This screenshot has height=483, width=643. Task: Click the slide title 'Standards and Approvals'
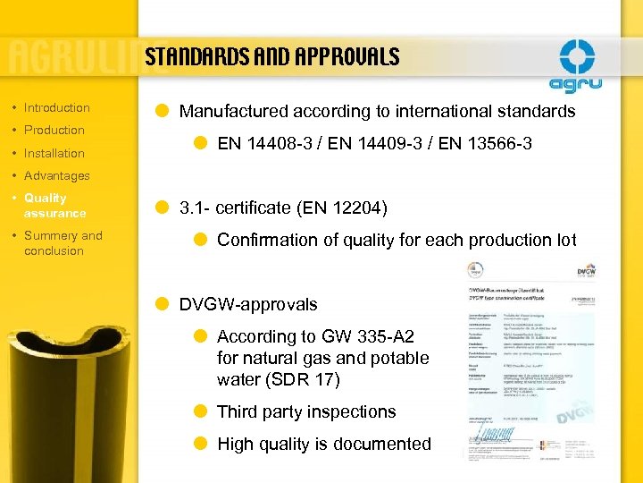coord(271,58)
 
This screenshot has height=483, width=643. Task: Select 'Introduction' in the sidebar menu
coord(56,107)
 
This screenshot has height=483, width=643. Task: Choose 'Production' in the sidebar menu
coord(54,130)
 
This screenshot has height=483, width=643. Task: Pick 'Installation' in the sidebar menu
coord(54,153)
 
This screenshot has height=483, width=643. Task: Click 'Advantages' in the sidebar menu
coord(56,175)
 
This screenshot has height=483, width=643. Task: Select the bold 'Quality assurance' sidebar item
coord(54,205)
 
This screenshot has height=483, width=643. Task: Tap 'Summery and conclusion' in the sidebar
coord(63,242)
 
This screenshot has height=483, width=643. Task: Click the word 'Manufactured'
coord(234,112)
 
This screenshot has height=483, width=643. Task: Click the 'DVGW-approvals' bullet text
coord(247,304)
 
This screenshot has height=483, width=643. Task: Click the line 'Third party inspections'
coord(305,411)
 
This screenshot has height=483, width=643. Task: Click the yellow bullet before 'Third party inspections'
coord(202,411)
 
